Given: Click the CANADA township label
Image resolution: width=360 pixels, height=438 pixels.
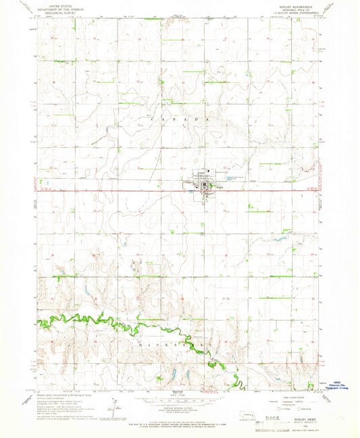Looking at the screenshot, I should tap(180, 119).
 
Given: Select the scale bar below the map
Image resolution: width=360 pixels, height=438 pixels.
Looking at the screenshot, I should tap(179, 398).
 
